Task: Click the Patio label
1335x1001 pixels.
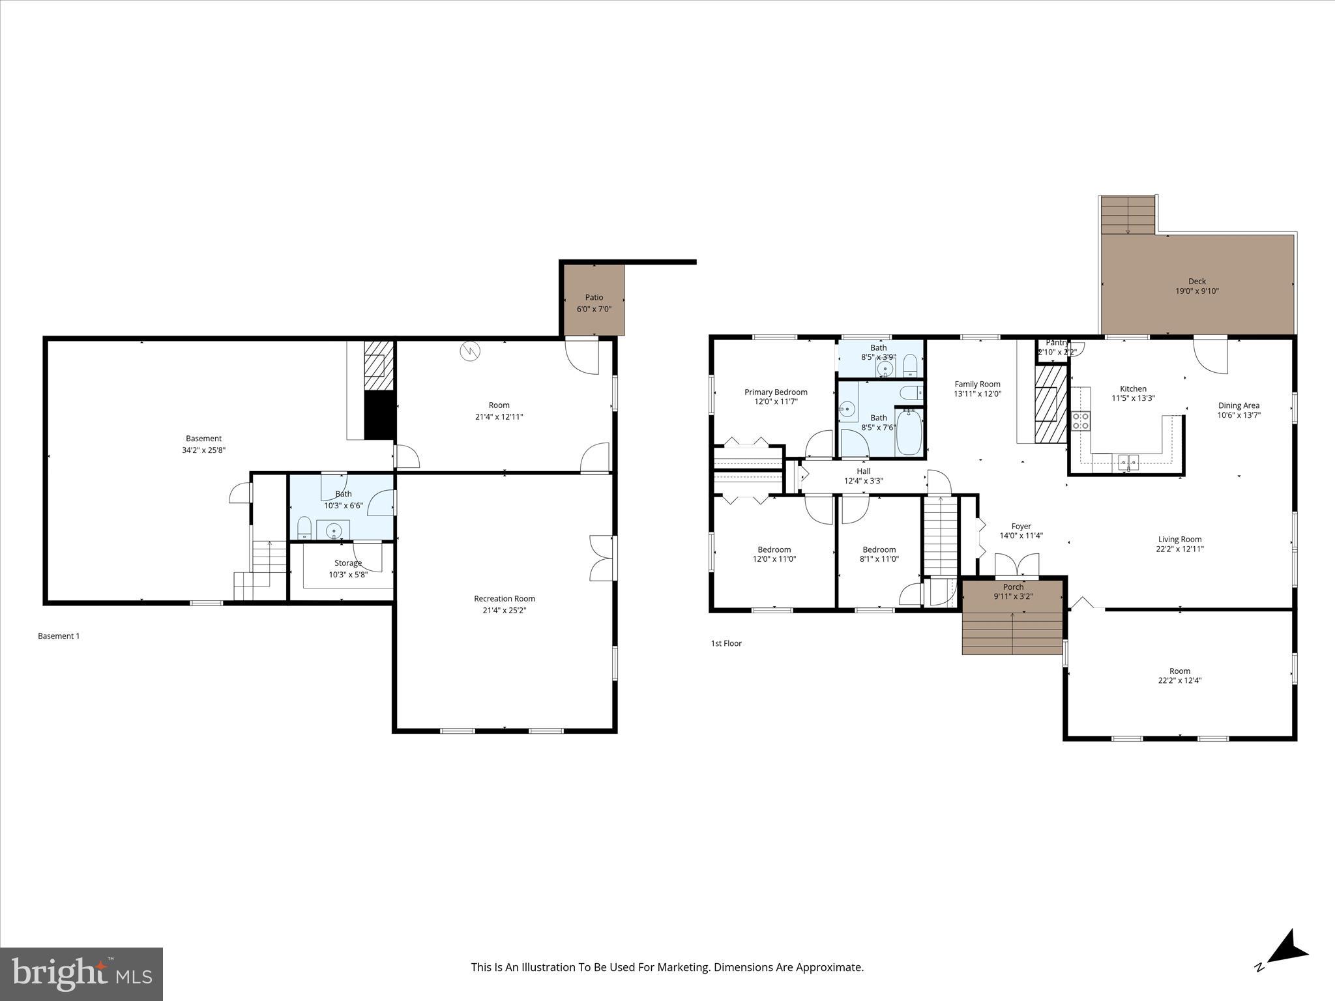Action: point(594,297)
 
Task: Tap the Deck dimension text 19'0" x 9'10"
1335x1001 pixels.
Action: point(1197,291)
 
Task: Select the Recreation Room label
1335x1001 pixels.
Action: point(505,598)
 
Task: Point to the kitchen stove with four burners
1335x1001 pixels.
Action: point(1081,421)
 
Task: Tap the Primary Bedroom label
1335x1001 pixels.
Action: point(776,392)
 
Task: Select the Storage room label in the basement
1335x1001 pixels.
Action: point(348,563)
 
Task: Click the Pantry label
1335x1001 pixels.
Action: point(1057,343)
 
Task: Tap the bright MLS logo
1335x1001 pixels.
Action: point(81,974)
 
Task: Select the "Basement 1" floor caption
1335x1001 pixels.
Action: point(59,636)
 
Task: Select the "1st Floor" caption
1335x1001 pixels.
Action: point(726,643)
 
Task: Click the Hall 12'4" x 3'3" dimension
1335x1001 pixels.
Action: point(863,481)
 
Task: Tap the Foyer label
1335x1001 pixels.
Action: point(1021,526)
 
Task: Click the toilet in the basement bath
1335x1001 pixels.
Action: point(304,528)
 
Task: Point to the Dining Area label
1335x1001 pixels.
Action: point(1239,405)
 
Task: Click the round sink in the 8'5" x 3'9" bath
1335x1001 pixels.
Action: point(885,370)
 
